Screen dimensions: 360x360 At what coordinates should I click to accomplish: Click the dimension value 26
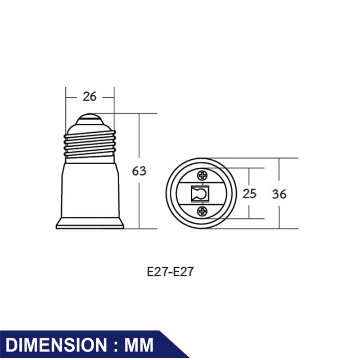tap(90, 97)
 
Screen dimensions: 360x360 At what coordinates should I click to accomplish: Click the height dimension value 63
tap(139, 171)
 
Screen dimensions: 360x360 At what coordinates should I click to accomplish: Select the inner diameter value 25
tap(249, 193)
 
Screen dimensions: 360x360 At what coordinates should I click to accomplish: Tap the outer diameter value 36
tap(279, 194)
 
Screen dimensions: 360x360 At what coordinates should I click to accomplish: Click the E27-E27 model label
tap(171, 272)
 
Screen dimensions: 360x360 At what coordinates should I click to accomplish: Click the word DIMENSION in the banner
tap(56, 345)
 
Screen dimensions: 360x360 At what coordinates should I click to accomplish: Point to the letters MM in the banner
tap(139, 345)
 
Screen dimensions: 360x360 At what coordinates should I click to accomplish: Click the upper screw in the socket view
tap(202, 176)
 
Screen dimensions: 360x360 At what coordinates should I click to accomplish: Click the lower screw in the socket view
tap(202, 211)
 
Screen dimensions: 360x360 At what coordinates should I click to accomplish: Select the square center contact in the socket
tap(200, 194)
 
